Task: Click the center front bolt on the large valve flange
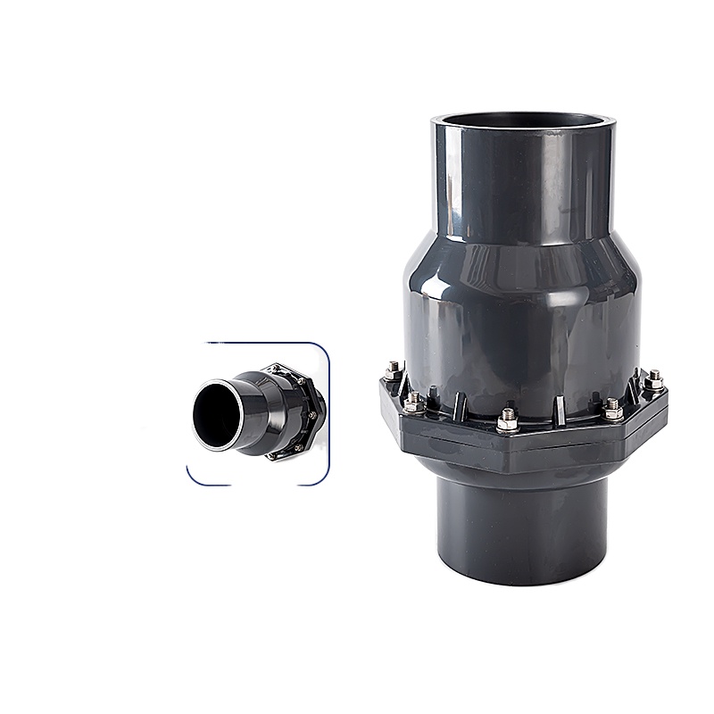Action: point(508,416)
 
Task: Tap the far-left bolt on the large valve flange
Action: point(394,369)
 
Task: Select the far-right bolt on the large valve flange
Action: point(653,379)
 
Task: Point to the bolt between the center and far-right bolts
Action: point(612,409)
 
